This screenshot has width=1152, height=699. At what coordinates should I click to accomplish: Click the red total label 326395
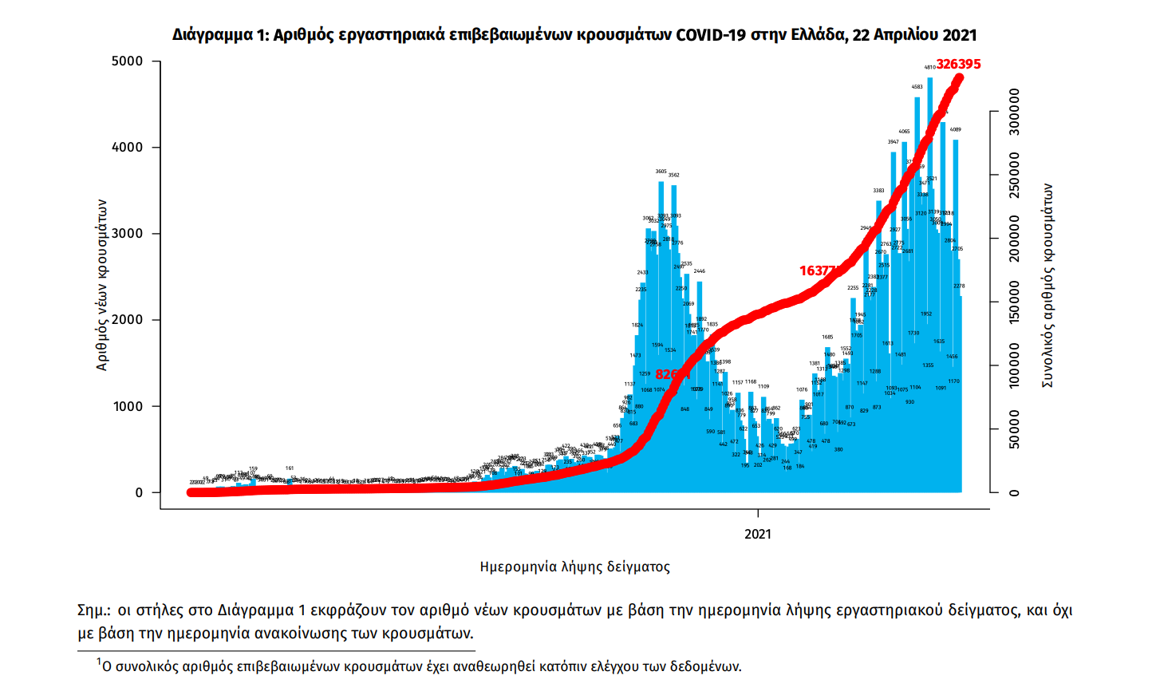[x=958, y=64]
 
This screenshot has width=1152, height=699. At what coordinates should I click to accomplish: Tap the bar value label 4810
[x=929, y=68]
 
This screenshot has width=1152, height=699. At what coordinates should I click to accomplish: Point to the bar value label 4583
[x=917, y=87]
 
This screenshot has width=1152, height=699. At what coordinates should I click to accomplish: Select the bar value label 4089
[x=955, y=129]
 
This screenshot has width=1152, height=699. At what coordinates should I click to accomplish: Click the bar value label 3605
[x=661, y=172]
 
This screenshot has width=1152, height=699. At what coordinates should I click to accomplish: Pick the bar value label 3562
[x=673, y=176]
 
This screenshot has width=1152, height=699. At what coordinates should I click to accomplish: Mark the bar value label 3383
[x=878, y=191]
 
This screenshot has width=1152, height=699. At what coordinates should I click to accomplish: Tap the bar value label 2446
[x=699, y=271]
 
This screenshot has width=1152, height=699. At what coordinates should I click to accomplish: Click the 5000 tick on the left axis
[x=128, y=61]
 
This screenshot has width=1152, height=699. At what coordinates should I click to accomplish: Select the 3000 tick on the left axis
[x=128, y=234]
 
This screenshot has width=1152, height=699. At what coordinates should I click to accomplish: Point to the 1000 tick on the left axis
[x=128, y=407]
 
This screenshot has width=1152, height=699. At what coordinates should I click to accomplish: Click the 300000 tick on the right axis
[x=1014, y=112]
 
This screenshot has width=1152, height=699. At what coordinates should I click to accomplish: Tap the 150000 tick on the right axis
[x=1014, y=302]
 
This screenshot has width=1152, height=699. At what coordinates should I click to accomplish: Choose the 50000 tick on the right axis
[x=1014, y=429]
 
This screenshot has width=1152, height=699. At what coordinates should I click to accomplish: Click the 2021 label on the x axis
[x=758, y=534]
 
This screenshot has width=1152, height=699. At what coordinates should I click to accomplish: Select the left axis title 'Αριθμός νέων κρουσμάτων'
[x=102, y=285]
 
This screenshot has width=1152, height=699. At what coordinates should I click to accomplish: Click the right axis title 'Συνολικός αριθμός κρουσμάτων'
[x=1047, y=286]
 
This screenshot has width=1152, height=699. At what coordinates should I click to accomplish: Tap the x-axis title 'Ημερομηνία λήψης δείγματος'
[x=574, y=567]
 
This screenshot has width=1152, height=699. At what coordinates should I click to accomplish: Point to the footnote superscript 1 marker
[x=99, y=661]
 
